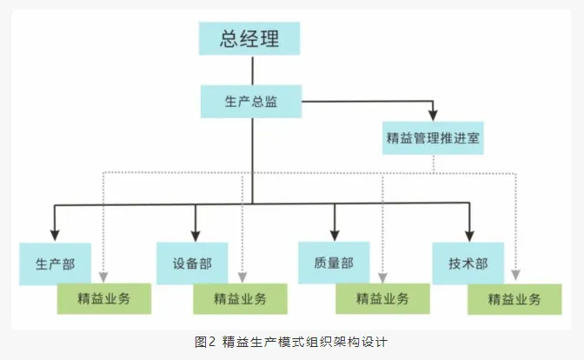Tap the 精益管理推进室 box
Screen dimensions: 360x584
[432, 137]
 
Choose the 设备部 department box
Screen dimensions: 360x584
[192, 263]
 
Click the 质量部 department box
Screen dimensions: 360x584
[333, 263]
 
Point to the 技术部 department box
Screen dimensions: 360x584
[467, 263]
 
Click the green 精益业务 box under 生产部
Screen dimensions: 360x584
[103, 299]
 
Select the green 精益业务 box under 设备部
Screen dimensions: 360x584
[240, 299]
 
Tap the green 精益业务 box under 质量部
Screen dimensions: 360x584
[382, 299]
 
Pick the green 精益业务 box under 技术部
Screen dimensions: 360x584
[514, 299]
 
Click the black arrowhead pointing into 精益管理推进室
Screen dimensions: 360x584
[432, 117]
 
